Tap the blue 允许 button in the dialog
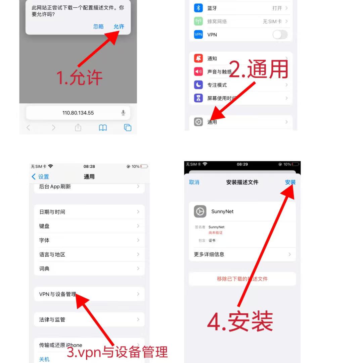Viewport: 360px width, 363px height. (x=119, y=27)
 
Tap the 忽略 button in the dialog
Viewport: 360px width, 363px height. (x=98, y=27)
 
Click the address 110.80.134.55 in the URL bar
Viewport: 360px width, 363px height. (x=78, y=113)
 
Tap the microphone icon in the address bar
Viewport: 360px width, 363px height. (x=123, y=113)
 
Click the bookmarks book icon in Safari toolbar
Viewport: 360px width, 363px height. (x=103, y=127)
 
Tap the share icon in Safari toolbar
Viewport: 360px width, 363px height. (x=78, y=127)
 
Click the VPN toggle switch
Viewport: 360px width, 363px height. (x=280, y=35)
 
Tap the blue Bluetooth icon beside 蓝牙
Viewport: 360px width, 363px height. (x=198, y=8)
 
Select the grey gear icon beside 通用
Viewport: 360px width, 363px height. (x=198, y=122)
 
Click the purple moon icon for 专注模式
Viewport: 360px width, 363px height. (x=198, y=85)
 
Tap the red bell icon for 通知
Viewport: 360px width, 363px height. (x=198, y=58)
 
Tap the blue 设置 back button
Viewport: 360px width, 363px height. (x=40, y=176)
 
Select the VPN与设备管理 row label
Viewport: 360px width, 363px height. (x=57, y=294)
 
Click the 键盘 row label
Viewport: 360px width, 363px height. (x=44, y=226)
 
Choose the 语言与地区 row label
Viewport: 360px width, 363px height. (x=52, y=255)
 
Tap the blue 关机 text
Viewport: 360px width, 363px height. (x=44, y=359)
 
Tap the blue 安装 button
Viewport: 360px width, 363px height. (x=290, y=182)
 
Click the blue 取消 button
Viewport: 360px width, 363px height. (x=194, y=182)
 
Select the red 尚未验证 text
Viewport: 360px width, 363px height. (x=216, y=232)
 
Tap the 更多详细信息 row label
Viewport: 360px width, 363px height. (x=209, y=254)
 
